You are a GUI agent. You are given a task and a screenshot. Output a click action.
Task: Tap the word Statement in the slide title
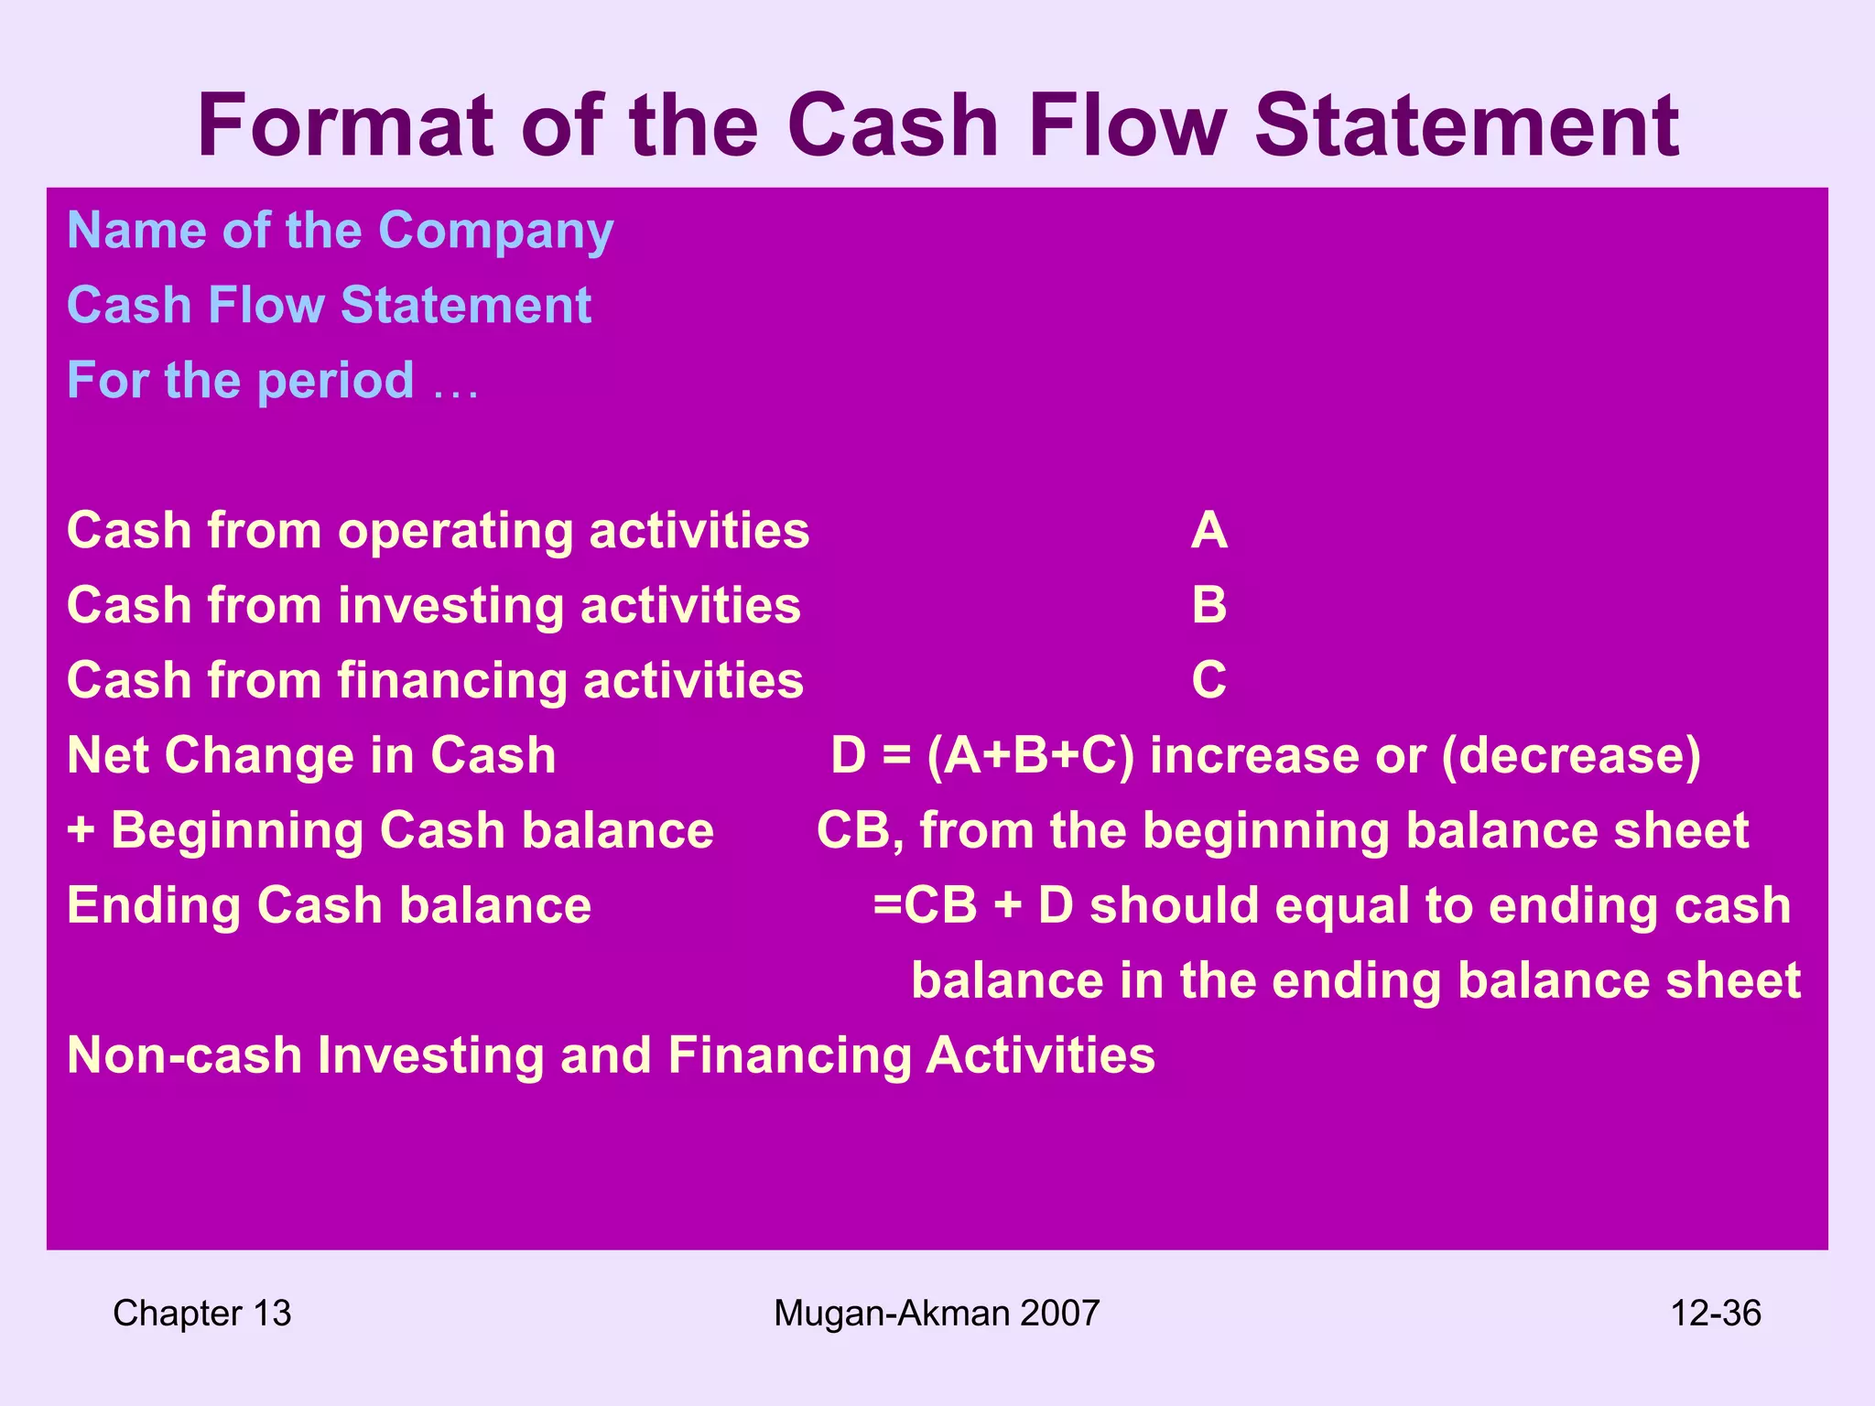point(1466,125)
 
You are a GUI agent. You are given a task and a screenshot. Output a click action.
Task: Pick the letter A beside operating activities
point(1208,531)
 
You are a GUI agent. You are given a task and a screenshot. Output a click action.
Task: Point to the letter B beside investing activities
point(1208,606)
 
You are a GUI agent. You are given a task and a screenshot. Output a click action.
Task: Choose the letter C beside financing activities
point(1208,681)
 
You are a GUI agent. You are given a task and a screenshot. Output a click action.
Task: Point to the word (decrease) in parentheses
point(1571,756)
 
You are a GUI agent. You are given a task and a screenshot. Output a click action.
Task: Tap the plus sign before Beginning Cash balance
point(81,831)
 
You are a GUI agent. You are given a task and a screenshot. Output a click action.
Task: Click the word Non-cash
point(184,1055)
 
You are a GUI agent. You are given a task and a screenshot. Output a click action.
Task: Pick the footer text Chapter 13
point(201,1314)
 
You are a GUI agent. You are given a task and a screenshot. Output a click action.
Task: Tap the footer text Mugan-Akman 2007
point(937,1314)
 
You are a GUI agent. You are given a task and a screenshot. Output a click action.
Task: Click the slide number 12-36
point(1715,1314)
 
